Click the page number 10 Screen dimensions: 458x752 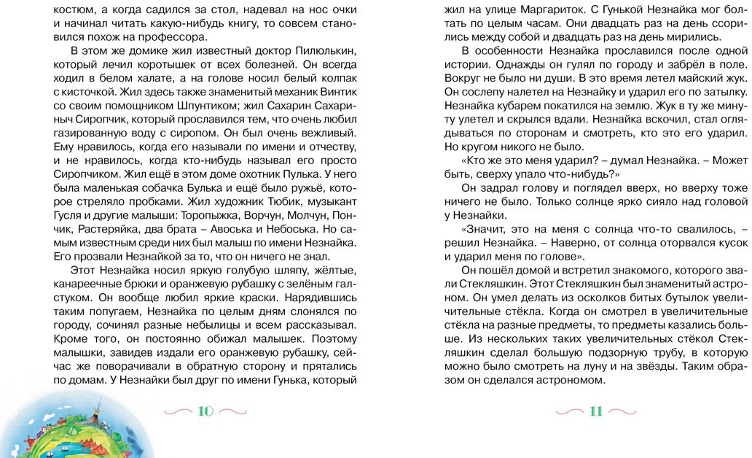click(205, 411)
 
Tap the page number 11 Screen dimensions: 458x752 click(595, 411)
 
